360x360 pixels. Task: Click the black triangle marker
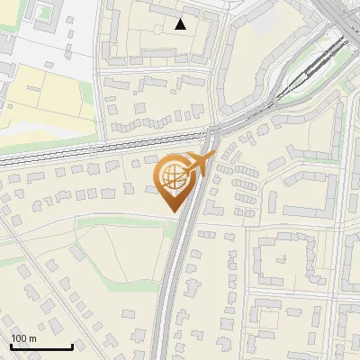click(x=181, y=24)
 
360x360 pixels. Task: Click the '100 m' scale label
click(x=23, y=337)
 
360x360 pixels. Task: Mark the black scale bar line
click(x=41, y=346)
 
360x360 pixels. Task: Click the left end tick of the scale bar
click(x=11, y=345)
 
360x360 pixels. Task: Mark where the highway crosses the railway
click(x=212, y=135)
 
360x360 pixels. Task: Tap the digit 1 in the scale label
click(x=13, y=337)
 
